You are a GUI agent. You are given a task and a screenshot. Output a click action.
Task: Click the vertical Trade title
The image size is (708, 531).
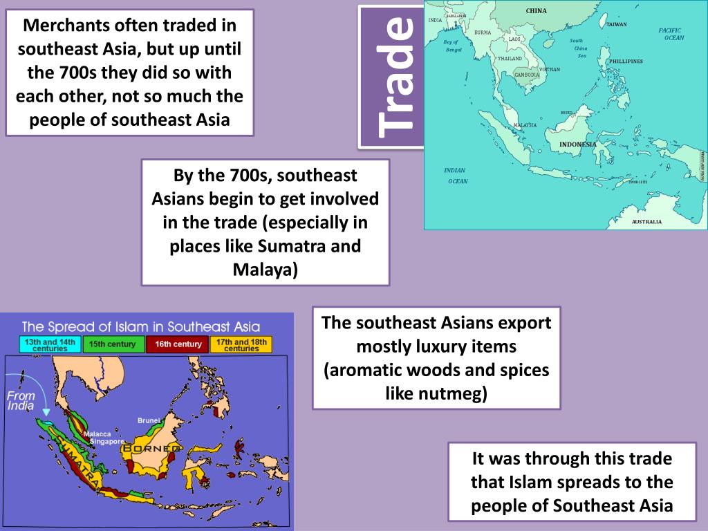click(396, 75)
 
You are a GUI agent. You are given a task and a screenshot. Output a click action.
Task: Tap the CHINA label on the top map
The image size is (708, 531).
click(536, 11)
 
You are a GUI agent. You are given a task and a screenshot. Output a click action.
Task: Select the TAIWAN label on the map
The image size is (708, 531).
click(616, 24)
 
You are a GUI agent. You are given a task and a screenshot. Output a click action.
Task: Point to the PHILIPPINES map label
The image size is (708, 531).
click(625, 62)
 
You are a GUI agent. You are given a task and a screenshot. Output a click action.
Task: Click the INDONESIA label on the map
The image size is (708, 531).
click(577, 145)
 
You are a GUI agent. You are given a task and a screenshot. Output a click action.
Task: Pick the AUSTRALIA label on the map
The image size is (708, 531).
click(646, 222)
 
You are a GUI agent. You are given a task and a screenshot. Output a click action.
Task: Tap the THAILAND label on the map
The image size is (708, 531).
click(510, 59)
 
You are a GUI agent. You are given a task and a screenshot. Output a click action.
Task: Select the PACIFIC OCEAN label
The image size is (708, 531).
click(670, 34)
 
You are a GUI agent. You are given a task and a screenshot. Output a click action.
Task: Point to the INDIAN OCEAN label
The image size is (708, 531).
click(456, 176)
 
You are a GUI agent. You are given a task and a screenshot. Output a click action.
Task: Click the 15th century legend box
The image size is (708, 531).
click(113, 344)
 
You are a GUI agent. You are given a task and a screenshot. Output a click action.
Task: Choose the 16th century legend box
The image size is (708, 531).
click(178, 344)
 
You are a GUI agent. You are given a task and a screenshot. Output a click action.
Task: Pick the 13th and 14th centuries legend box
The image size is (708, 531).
click(49, 344)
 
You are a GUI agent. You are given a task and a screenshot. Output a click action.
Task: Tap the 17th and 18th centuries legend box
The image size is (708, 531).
click(241, 344)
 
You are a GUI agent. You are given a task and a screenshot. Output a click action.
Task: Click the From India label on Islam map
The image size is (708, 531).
click(21, 401)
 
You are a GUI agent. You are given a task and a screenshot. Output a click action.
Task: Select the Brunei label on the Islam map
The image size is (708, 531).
click(149, 420)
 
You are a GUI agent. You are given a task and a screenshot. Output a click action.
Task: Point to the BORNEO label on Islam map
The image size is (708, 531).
click(150, 449)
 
